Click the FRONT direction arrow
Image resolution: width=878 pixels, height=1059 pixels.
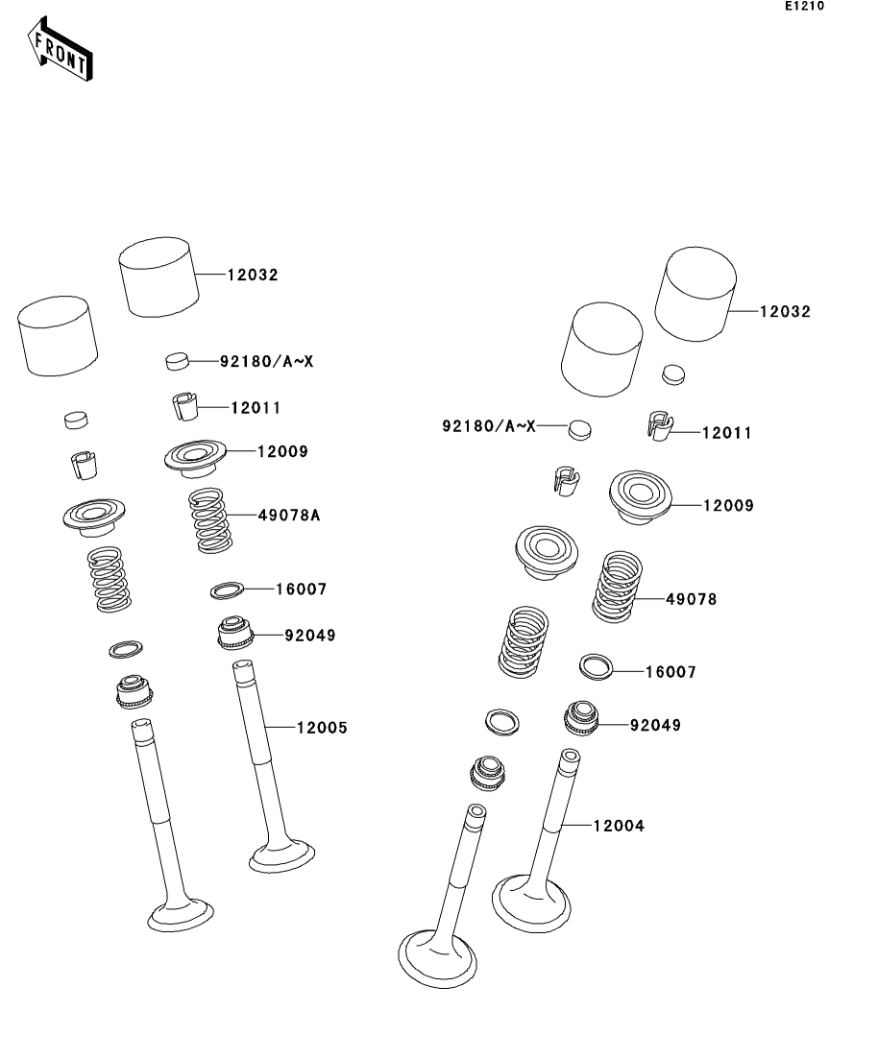(x=60, y=50)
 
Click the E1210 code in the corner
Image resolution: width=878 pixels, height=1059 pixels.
(x=804, y=6)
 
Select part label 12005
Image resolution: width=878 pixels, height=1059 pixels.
(x=322, y=728)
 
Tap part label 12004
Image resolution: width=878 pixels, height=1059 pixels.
(x=619, y=826)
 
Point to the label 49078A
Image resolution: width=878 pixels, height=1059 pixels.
(x=289, y=516)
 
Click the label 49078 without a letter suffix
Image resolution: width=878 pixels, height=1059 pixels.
(x=691, y=599)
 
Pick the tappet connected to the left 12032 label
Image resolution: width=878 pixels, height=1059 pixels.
(x=159, y=277)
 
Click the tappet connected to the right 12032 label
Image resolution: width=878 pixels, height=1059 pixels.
(x=695, y=295)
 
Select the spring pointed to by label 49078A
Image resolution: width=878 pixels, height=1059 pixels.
(x=210, y=520)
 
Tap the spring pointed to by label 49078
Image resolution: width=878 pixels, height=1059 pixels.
(x=617, y=587)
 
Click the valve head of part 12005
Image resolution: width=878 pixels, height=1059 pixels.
(x=281, y=855)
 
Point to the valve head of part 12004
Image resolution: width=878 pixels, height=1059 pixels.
(x=531, y=903)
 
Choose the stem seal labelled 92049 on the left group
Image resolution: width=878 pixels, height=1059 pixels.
(x=235, y=633)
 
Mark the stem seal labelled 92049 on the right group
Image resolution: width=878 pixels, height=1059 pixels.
(x=581, y=718)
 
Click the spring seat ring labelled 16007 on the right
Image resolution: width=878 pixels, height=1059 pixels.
(x=597, y=666)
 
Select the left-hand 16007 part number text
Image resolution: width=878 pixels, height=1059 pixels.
(x=301, y=590)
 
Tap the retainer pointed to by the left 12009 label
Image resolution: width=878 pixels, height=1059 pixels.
(x=195, y=459)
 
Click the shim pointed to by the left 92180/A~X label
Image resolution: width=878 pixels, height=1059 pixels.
(x=177, y=361)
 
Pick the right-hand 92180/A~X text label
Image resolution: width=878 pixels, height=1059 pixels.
(x=489, y=426)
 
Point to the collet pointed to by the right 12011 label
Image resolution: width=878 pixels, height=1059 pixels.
(x=660, y=426)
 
